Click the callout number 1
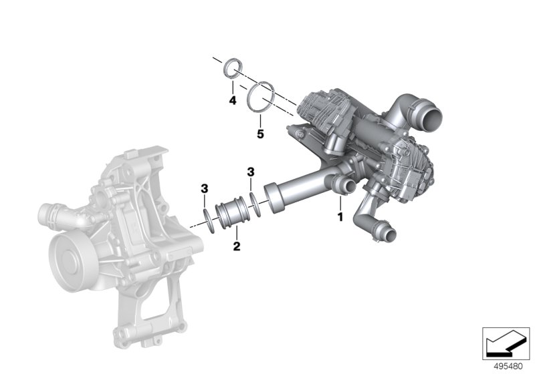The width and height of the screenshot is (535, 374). pyautogui.click(x=340, y=217)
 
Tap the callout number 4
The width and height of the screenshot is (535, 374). pyautogui.click(x=232, y=101)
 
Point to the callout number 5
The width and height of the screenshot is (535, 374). pyautogui.click(x=260, y=134)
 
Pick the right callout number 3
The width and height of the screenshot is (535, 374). pyautogui.click(x=251, y=172)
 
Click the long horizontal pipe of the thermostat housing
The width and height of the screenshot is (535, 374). pyautogui.click(x=301, y=187)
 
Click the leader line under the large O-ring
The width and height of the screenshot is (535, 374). pyautogui.click(x=259, y=119)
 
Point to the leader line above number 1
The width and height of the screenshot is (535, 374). pyautogui.click(x=340, y=203)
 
